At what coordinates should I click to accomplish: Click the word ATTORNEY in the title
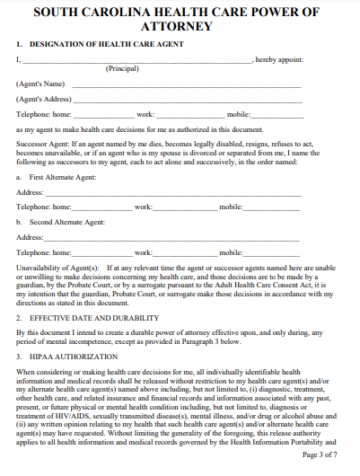click(180, 25)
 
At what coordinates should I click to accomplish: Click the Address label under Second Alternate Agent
click(30, 237)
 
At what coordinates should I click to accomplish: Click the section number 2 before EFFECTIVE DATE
click(19, 318)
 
